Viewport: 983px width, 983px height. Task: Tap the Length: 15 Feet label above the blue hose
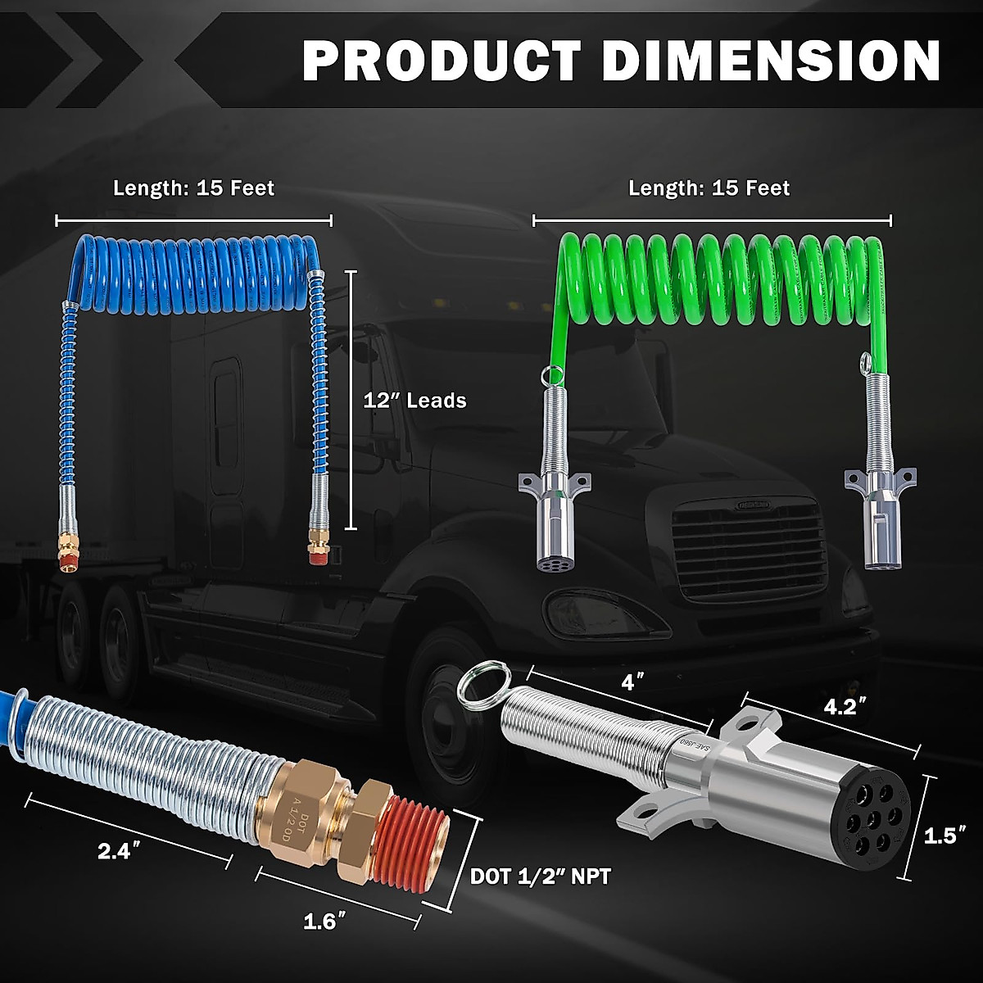194,188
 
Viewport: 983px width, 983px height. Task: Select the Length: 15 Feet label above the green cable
709,188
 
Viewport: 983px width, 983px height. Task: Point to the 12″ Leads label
414,401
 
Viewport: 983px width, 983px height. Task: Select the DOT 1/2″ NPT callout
540,877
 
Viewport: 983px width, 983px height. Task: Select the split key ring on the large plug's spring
484,686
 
